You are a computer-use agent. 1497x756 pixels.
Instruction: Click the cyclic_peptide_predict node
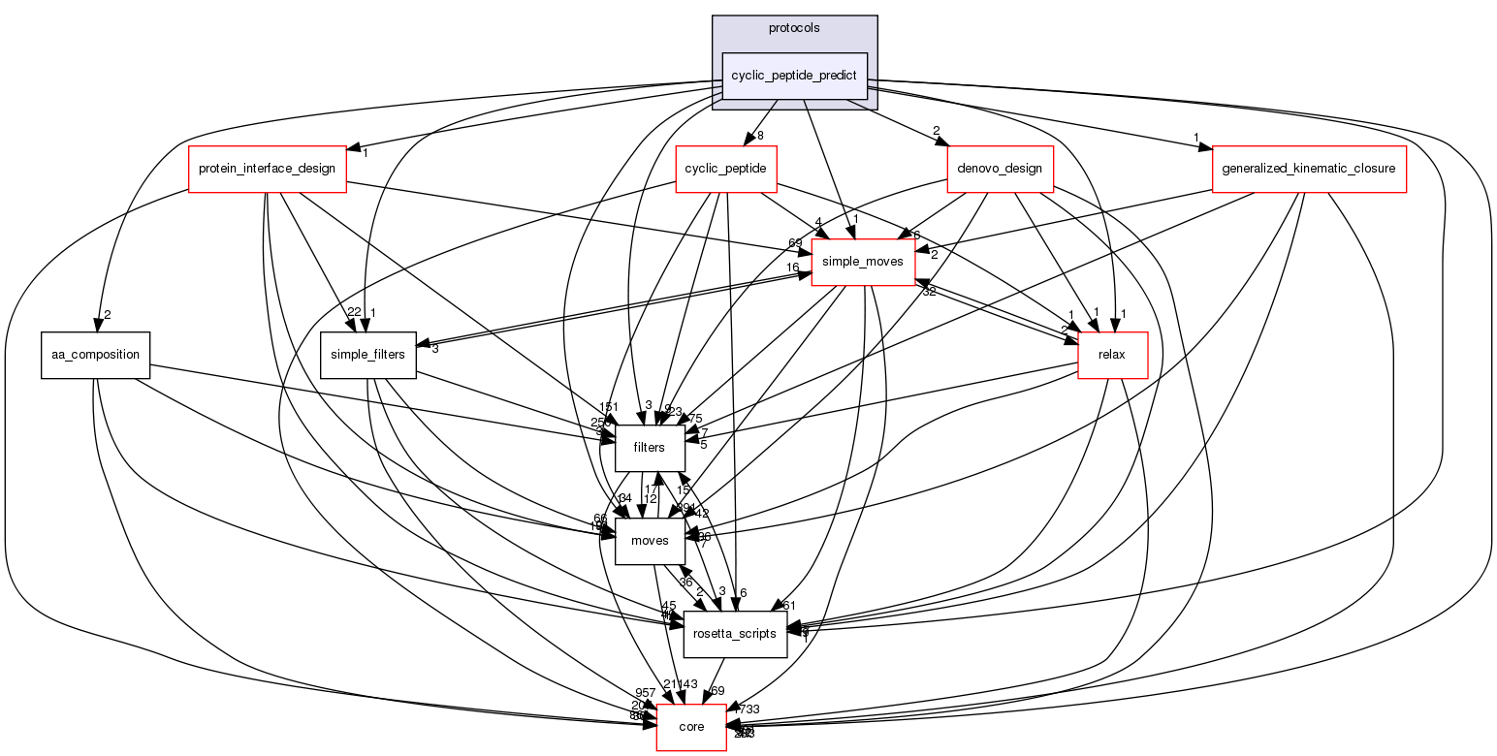(795, 76)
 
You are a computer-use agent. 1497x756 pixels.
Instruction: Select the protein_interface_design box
(267, 169)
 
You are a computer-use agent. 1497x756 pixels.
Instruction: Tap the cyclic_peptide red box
(726, 169)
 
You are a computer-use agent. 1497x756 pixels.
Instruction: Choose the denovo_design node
(1001, 169)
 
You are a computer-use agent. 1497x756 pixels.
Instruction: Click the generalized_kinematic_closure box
(1309, 169)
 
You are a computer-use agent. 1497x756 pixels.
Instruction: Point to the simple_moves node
(863, 263)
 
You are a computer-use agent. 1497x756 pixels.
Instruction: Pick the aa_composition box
(95, 355)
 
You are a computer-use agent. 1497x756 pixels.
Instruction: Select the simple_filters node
(368, 355)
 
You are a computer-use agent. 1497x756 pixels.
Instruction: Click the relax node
(1111, 355)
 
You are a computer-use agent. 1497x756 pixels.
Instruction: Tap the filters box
(649, 447)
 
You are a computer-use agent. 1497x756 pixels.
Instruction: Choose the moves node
(642, 540)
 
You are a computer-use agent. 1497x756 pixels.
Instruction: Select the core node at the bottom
(691, 727)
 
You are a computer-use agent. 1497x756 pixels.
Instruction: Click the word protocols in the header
(794, 28)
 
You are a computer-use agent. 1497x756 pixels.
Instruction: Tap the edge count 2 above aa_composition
(109, 315)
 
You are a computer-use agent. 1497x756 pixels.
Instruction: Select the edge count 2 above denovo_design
(937, 130)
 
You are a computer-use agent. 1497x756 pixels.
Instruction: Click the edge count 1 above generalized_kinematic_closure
(1196, 137)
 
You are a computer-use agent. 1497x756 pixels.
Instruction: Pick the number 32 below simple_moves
(929, 292)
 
